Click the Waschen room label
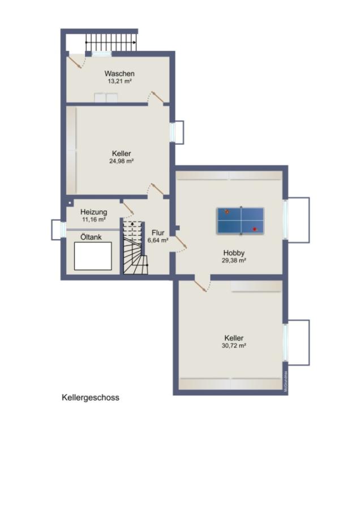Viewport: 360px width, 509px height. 119,74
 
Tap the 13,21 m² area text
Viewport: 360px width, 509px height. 119,81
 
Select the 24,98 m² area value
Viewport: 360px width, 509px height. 121,161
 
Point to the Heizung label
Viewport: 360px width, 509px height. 93,212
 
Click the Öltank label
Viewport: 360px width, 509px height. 91,237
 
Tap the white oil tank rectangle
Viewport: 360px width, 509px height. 92,256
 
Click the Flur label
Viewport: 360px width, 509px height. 158,232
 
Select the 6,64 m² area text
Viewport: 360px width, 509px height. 158,240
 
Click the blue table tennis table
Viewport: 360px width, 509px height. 241,221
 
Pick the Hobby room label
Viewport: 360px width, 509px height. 234,253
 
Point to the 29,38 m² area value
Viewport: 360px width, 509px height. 234,261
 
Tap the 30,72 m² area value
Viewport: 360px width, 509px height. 234,346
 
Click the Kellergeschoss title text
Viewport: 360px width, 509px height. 91,398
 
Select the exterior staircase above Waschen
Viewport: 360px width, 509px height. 111,42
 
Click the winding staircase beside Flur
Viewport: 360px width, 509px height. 135,249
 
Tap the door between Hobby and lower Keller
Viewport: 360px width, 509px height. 200,284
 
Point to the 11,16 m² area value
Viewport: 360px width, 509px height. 93,219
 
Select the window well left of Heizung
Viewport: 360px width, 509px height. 57,230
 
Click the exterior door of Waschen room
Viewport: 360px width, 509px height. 75,61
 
